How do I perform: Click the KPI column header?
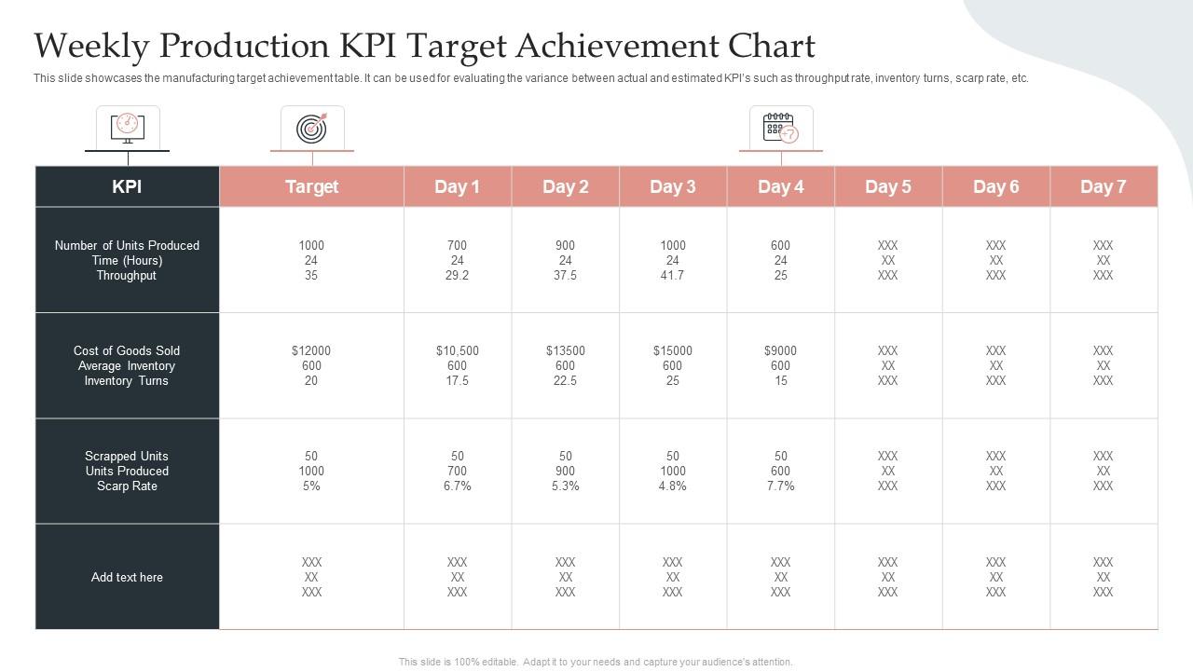tap(127, 186)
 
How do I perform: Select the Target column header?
tap(311, 186)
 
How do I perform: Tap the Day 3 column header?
tap(672, 186)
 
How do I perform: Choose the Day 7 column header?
tap(1103, 186)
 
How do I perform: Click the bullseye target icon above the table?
tap(312, 128)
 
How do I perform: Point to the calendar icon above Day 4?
tap(780, 128)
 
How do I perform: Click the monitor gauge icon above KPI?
tap(128, 127)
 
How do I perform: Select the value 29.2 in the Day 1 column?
tap(457, 276)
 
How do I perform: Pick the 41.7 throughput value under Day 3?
tap(672, 276)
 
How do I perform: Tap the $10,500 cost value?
tap(457, 351)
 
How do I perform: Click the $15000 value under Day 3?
tap(672, 351)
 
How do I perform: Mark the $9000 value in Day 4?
tap(780, 351)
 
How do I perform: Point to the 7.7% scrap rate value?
tap(780, 486)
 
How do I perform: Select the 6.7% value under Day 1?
tap(457, 486)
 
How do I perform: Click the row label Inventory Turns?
tap(127, 381)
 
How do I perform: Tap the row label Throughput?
tap(127, 276)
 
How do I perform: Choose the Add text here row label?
tap(127, 578)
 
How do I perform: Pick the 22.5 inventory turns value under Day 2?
tap(565, 381)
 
